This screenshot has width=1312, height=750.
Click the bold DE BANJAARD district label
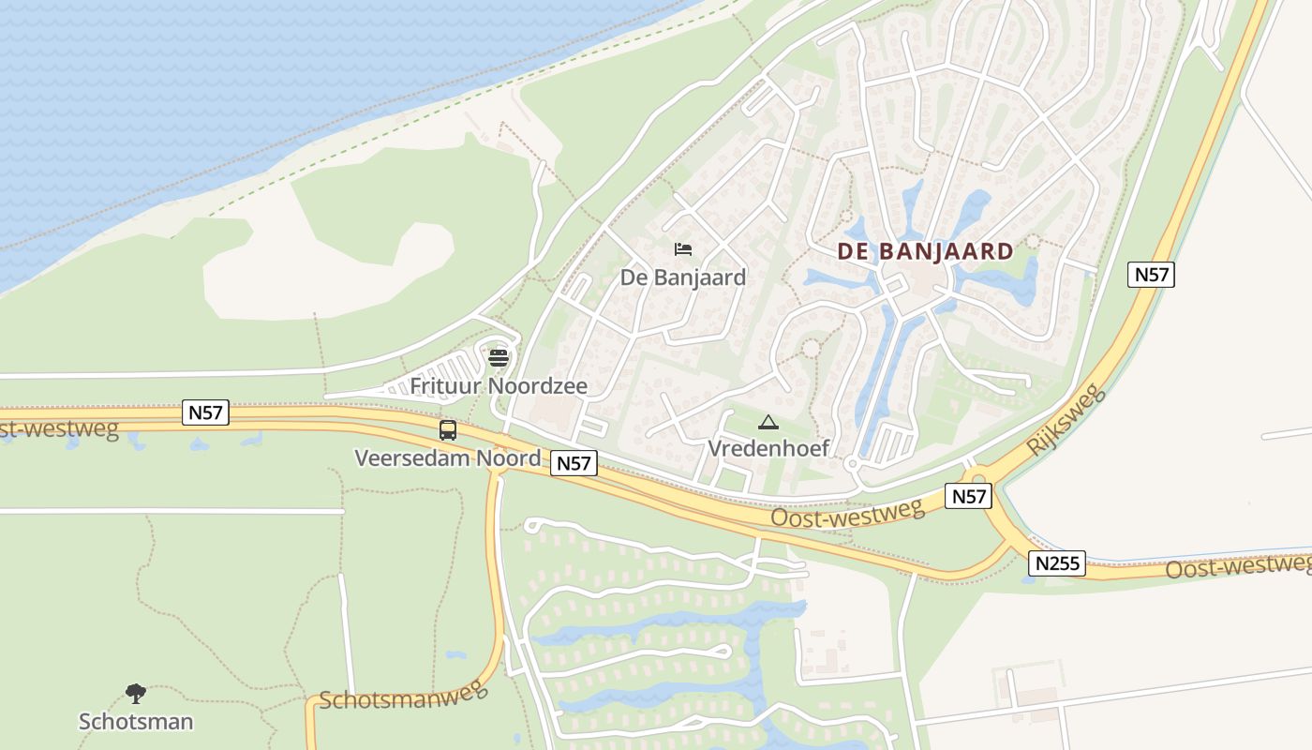(x=925, y=251)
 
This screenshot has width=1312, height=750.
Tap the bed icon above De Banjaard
(x=683, y=249)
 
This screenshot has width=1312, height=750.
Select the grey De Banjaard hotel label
(x=683, y=277)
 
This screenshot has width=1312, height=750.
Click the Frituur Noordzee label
(x=499, y=386)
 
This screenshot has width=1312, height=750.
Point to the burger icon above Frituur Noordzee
(x=499, y=357)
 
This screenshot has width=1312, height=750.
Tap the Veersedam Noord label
(x=448, y=458)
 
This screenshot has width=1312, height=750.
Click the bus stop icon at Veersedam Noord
(x=448, y=430)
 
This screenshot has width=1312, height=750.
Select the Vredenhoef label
(x=768, y=448)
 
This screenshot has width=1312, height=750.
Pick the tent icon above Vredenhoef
(x=768, y=423)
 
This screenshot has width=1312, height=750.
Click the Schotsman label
(x=136, y=722)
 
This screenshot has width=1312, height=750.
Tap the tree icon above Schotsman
(x=136, y=695)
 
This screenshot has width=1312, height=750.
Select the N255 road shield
(x=1057, y=563)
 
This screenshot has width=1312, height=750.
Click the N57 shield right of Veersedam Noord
(x=574, y=462)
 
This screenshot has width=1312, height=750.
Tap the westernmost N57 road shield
(x=206, y=412)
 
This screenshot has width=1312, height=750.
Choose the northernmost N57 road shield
(x=1151, y=275)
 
